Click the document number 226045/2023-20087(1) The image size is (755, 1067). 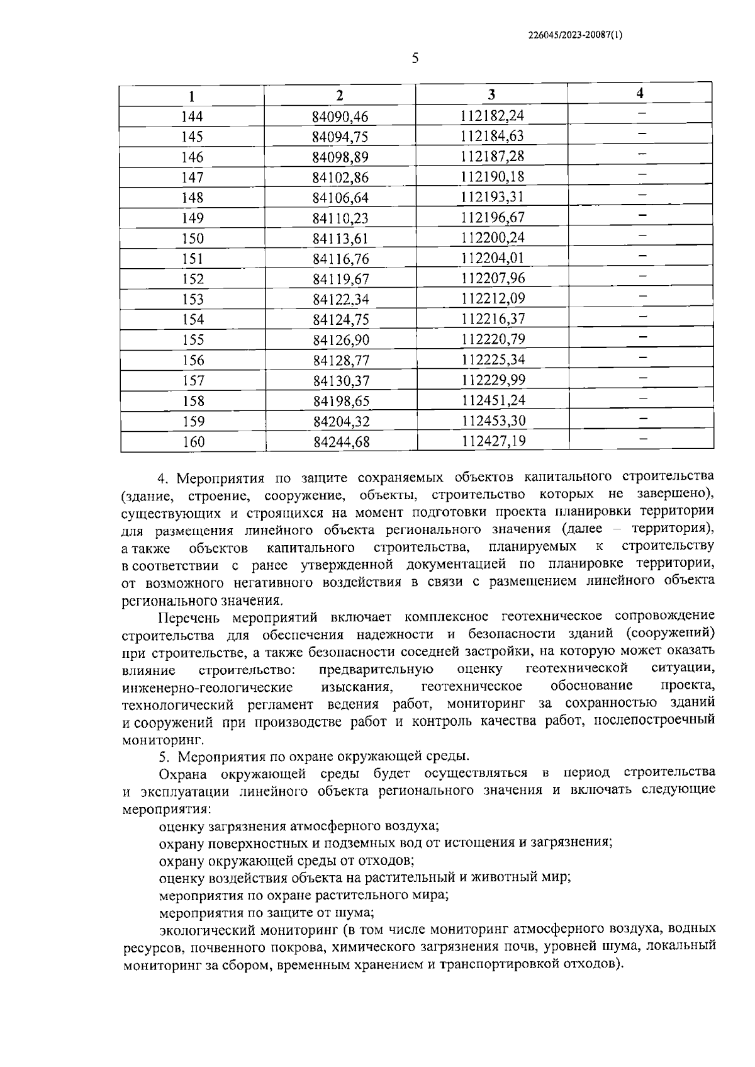tap(575, 35)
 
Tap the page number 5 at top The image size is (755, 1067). tap(415, 59)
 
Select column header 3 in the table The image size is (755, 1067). tap(491, 95)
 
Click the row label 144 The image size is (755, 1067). tap(192, 116)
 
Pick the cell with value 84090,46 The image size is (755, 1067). tap(340, 116)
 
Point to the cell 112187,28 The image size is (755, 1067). tap(492, 156)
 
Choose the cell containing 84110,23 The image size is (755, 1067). tap(340, 218)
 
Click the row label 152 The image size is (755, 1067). tap(193, 279)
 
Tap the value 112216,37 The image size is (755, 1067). tap(492, 319)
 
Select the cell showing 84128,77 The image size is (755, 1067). tap(340, 360)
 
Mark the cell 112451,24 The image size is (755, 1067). tap(493, 400)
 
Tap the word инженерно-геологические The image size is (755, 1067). tap(208, 686)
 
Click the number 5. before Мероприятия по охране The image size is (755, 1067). tap(164, 755)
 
